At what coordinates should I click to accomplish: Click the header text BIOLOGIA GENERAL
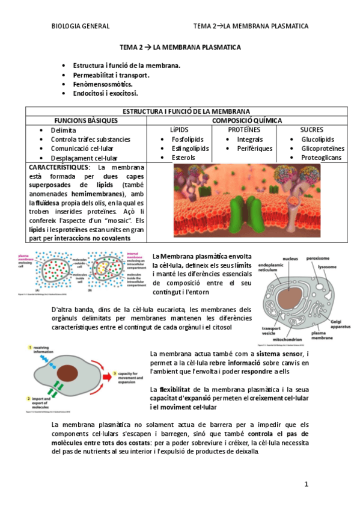[81, 26]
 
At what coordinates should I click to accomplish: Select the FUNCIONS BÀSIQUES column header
[87, 120]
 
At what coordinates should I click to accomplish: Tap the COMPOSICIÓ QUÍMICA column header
[246, 120]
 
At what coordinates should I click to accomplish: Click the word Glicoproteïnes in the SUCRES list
[323, 149]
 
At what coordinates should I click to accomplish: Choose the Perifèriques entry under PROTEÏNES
[254, 149]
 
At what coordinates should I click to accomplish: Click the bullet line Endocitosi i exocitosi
[105, 93]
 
